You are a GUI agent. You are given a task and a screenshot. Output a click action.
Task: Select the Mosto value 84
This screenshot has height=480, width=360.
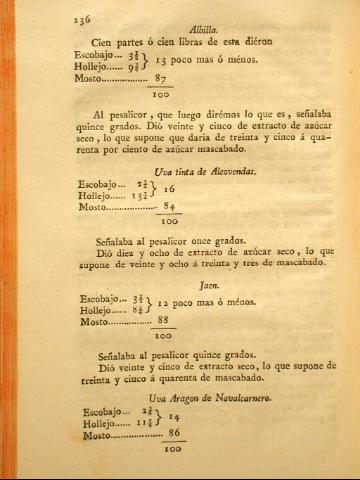[170, 207]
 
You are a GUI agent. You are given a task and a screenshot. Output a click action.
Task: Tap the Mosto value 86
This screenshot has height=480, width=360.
[172, 434]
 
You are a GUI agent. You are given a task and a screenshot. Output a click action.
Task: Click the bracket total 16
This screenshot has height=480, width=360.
[170, 189]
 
